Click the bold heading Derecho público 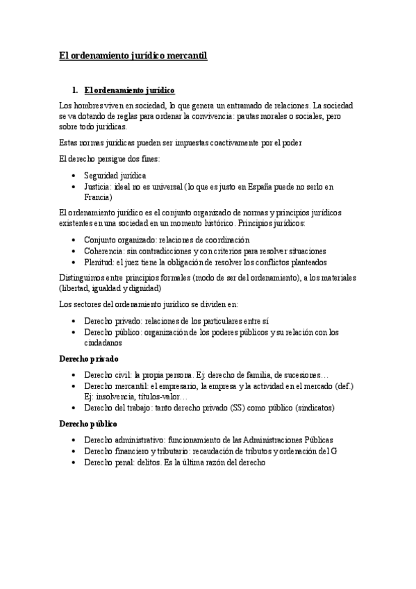coord(88,423)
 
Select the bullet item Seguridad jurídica coord(115,176)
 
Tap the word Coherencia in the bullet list coord(103,251)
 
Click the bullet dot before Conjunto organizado coord(74,240)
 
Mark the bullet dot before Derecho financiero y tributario coord(74,451)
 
